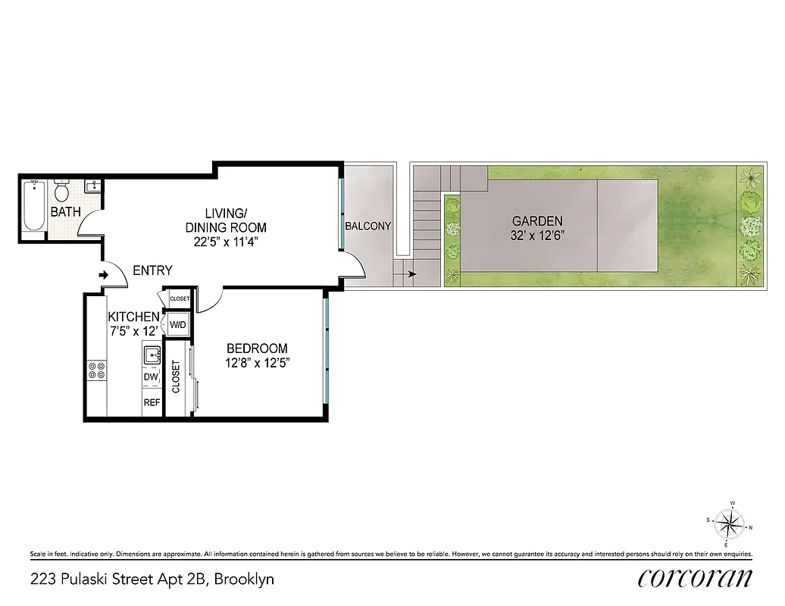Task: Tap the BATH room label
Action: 66,212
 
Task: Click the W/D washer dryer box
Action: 178,326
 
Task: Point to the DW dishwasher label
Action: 151,376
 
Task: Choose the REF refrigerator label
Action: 152,402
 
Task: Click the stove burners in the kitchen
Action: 97,370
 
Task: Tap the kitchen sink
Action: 151,354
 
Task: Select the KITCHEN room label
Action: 133,317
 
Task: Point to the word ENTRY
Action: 152,270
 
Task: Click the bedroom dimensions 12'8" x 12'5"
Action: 258,362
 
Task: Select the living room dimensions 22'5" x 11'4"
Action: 225,242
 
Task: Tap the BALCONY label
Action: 367,226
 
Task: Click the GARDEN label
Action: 537,221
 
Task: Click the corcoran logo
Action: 696,577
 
